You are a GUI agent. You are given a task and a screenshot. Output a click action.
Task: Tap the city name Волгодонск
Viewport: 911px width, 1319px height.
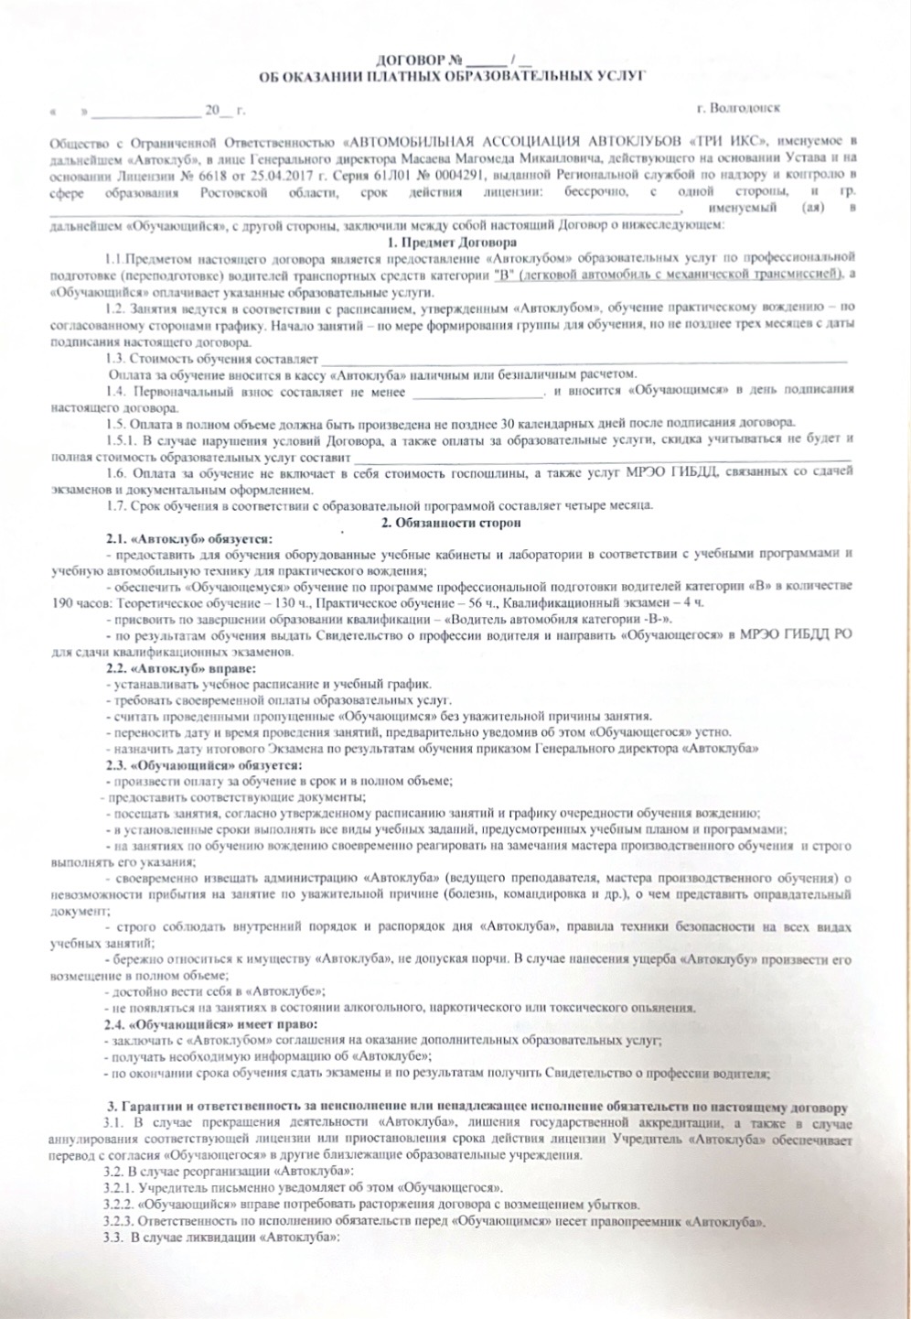742,108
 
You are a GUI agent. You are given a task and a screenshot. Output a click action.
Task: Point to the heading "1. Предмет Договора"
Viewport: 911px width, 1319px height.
452,243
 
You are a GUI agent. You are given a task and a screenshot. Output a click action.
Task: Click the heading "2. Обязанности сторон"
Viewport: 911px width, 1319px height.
451,523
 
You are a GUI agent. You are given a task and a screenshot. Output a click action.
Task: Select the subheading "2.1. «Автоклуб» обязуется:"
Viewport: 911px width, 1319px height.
189,538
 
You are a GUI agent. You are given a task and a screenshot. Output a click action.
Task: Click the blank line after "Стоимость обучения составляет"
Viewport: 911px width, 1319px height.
585,358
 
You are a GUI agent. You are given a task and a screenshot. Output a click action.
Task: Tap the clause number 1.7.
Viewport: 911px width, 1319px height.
115,505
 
